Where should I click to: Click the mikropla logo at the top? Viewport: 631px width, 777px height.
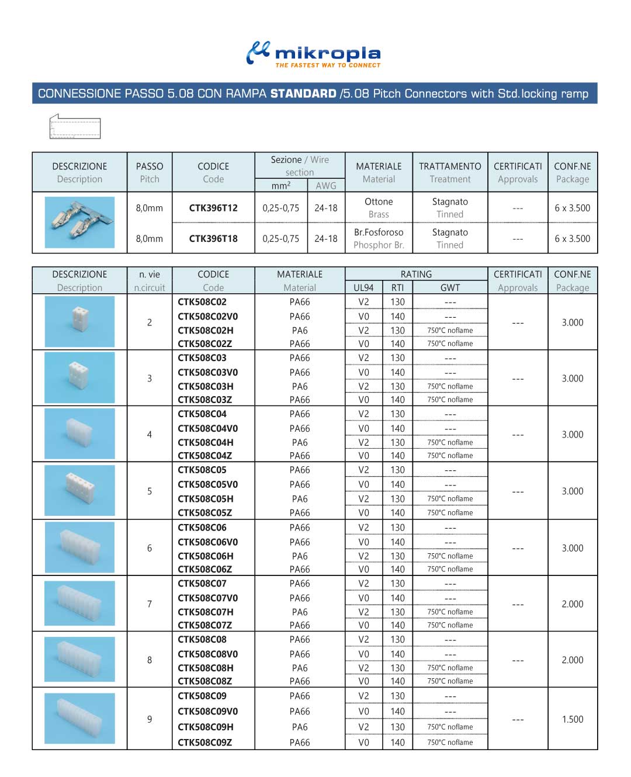point(314,53)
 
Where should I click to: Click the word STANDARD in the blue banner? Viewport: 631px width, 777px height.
point(303,93)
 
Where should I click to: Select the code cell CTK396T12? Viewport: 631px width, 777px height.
point(213,208)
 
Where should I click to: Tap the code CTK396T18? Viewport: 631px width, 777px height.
point(213,238)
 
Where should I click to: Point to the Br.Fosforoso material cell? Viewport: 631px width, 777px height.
point(379,233)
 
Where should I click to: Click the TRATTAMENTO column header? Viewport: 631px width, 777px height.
point(450,166)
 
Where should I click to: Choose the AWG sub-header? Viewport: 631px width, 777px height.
point(326,186)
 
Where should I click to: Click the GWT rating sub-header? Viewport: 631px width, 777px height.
point(450,287)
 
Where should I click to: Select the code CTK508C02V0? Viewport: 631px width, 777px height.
point(207,316)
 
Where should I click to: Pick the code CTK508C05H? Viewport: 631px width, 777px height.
point(205,498)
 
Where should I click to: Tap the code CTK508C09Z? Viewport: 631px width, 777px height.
point(204,743)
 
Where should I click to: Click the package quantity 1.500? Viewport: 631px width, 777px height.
point(573,719)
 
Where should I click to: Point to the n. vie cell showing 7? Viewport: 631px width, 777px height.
point(150,604)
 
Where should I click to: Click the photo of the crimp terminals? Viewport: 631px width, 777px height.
point(79,223)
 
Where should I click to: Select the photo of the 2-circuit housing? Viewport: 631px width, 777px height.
point(79,321)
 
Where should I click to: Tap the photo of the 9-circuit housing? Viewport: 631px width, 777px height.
point(79,718)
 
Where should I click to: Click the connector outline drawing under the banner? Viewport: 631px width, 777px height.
point(75,127)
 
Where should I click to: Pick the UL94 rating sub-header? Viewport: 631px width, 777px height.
point(363,287)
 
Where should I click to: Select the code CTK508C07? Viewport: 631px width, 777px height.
point(202,584)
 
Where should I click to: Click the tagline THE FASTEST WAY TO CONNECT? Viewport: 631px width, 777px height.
point(328,65)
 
